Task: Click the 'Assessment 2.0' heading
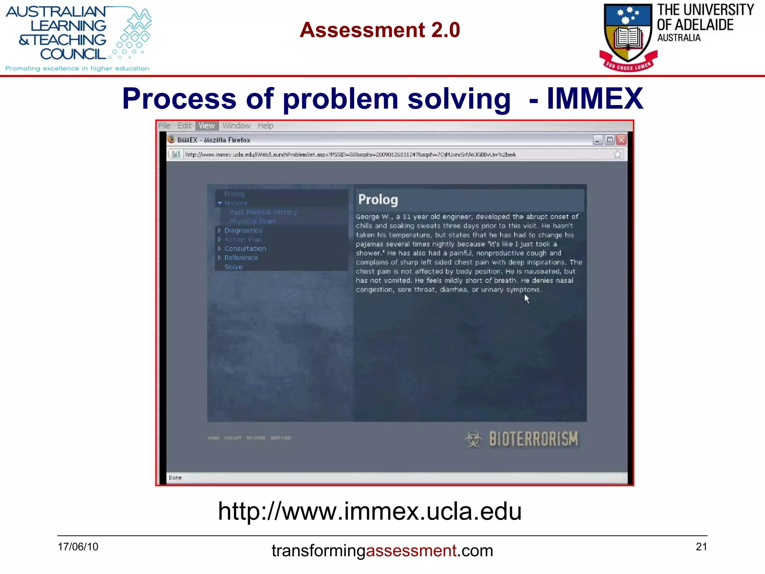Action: pyautogui.click(x=380, y=30)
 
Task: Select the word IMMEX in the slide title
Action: pyautogui.click(x=595, y=99)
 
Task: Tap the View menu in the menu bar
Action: pyautogui.click(x=207, y=126)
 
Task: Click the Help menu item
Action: pyautogui.click(x=265, y=126)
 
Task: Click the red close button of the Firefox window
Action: pyautogui.click(x=621, y=140)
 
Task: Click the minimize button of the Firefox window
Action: pyautogui.click(x=598, y=140)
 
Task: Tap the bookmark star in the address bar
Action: pyautogui.click(x=617, y=154)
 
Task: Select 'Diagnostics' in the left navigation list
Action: pyautogui.click(x=243, y=231)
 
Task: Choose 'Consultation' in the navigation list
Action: pyautogui.click(x=245, y=249)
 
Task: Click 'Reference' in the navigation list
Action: pyautogui.click(x=241, y=257)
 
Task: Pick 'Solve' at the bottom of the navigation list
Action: pyautogui.click(x=233, y=267)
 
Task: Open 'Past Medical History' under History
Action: pyautogui.click(x=263, y=212)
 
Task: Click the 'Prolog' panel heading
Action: pyautogui.click(x=378, y=200)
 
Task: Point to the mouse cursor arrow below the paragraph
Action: pyautogui.click(x=526, y=298)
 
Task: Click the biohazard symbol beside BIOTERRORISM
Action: pyautogui.click(x=474, y=439)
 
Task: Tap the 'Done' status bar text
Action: pyautogui.click(x=175, y=478)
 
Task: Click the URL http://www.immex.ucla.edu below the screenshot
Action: pyautogui.click(x=369, y=511)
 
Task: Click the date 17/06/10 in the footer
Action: pyautogui.click(x=78, y=547)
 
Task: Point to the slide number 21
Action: pyautogui.click(x=701, y=547)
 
